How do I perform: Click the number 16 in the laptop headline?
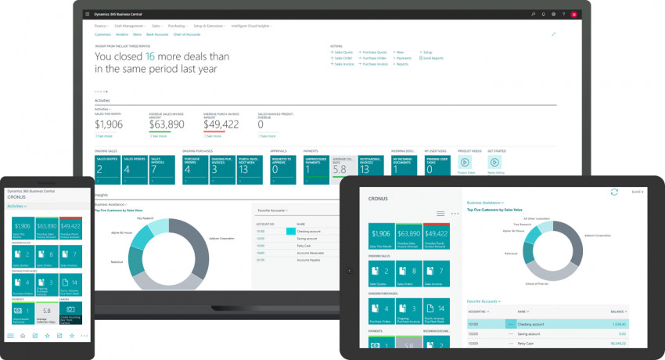[150, 56]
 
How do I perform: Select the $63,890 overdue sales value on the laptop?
[167, 124]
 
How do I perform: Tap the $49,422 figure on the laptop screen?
[221, 124]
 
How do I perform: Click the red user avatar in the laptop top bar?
[573, 14]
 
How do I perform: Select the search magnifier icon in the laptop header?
[533, 14]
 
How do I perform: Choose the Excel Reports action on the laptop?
[432, 58]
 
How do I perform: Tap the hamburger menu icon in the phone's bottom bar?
[10, 336]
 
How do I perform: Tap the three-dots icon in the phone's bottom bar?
[84, 336]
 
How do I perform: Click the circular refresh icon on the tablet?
[614, 192]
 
